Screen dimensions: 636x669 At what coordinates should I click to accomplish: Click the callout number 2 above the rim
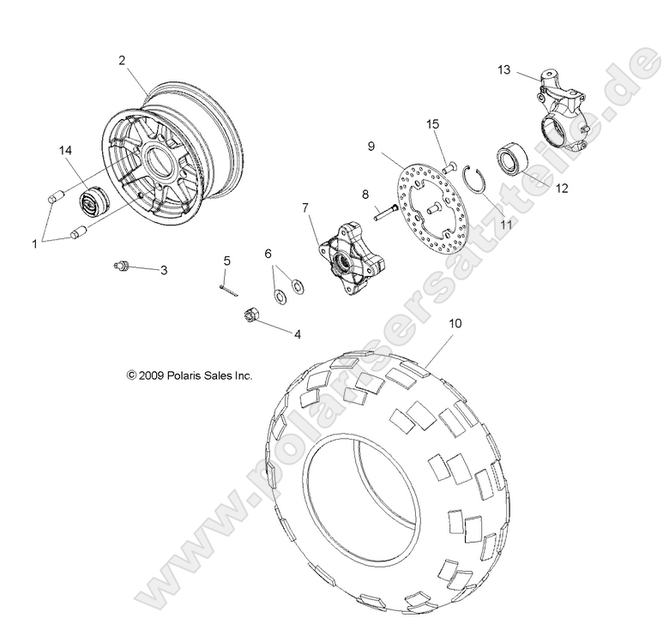pos(122,60)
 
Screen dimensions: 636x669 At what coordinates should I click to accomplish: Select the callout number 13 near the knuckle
pos(503,69)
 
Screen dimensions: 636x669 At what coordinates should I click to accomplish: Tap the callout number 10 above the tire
pos(455,323)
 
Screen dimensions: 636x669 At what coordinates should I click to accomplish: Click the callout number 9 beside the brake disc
pos(347,147)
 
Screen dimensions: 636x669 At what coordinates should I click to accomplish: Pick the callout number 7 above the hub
pos(304,207)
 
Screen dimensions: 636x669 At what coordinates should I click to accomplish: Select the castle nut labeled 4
pos(253,315)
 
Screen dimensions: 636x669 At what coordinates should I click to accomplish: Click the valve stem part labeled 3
pos(124,267)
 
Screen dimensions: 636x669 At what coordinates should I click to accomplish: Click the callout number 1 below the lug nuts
pos(35,243)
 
